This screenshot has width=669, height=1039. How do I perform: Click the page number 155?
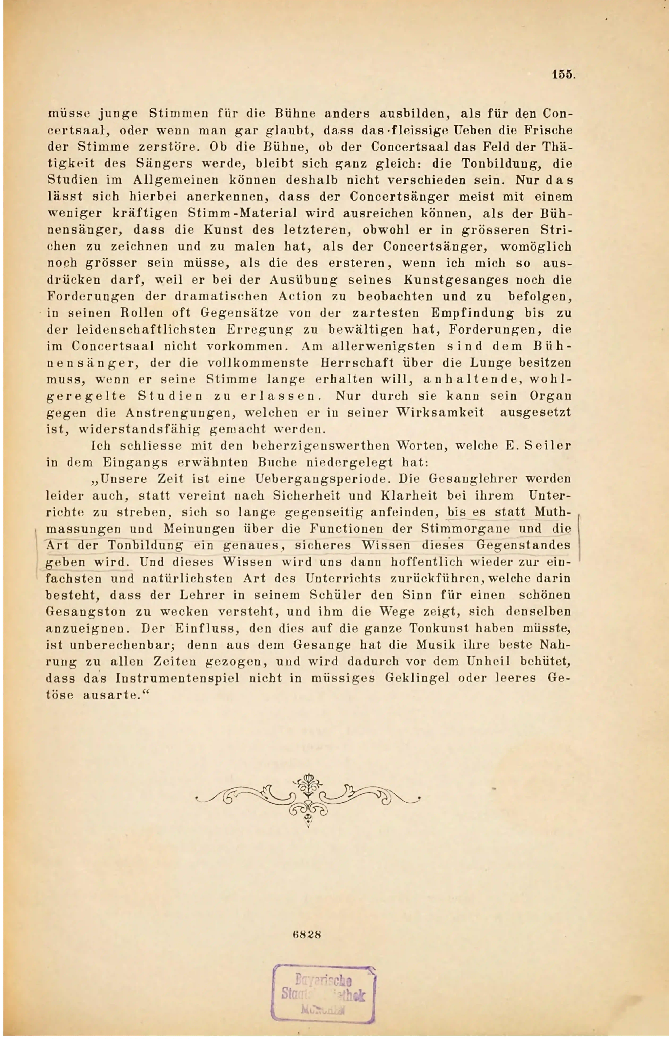(x=563, y=75)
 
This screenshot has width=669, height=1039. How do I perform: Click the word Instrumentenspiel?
(x=178, y=678)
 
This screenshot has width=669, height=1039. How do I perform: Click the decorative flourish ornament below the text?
(x=308, y=799)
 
